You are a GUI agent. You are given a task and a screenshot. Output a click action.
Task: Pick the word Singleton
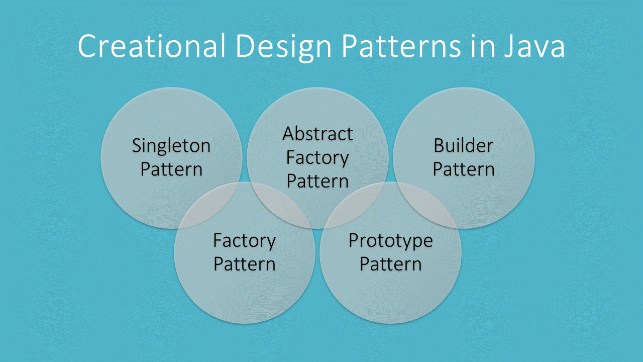pyautogui.click(x=171, y=146)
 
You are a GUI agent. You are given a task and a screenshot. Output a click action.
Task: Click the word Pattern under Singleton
pyautogui.click(x=171, y=169)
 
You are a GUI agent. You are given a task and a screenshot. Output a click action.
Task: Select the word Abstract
pyautogui.click(x=317, y=134)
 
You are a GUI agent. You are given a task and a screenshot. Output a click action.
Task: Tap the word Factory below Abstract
pyautogui.click(x=317, y=157)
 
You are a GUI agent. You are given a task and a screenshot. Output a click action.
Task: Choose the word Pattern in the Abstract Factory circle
pyautogui.click(x=317, y=181)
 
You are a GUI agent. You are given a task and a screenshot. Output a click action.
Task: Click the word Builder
pyautogui.click(x=464, y=146)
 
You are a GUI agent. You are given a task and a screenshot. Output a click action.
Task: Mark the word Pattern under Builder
pyautogui.click(x=464, y=169)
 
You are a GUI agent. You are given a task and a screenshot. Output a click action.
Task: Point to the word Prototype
pyautogui.click(x=390, y=241)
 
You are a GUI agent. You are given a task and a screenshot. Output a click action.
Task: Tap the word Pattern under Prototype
pyautogui.click(x=390, y=264)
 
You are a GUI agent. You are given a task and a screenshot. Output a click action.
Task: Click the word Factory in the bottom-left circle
pyautogui.click(x=245, y=241)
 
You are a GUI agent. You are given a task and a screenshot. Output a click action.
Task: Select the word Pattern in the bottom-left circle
pyautogui.click(x=245, y=264)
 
